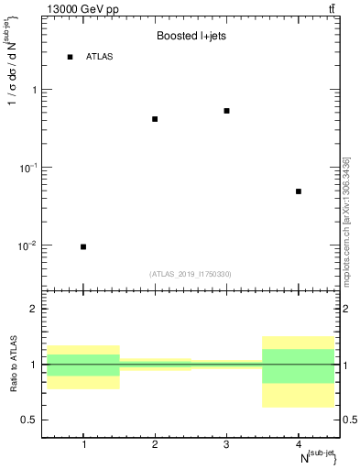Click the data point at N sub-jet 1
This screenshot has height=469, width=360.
tap(83, 246)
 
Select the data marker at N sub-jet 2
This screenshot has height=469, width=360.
tap(155, 119)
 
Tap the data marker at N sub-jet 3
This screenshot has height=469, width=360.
tap(226, 111)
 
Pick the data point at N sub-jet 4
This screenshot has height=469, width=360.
tap(299, 191)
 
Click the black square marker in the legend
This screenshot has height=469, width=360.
tap(70, 57)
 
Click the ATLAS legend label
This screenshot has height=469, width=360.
tap(100, 57)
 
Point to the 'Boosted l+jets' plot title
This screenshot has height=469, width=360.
tap(191, 37)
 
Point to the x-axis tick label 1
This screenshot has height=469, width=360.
tap(83, 444)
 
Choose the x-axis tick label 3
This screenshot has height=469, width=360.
tap(226, 444)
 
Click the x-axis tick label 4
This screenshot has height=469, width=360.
tap(299, 444)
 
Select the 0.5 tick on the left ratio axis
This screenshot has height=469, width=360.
tap(30, 420)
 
